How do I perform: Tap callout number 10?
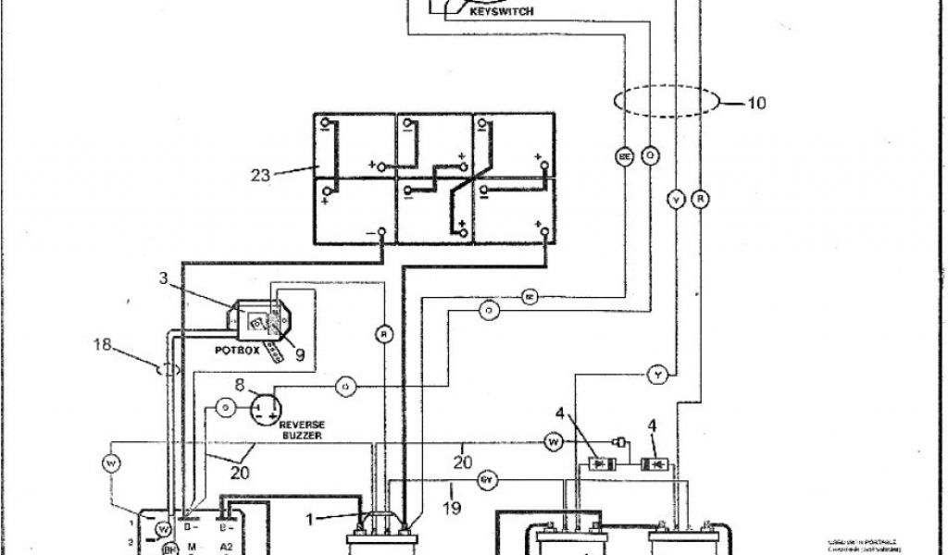click(x=755, y=104)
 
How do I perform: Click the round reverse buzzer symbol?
click(x=267, y=406)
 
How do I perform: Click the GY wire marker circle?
click(x=488, y=480)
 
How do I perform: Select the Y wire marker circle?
click(x=657, y=374)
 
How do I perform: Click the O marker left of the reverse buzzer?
click(x=224, y=406)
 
